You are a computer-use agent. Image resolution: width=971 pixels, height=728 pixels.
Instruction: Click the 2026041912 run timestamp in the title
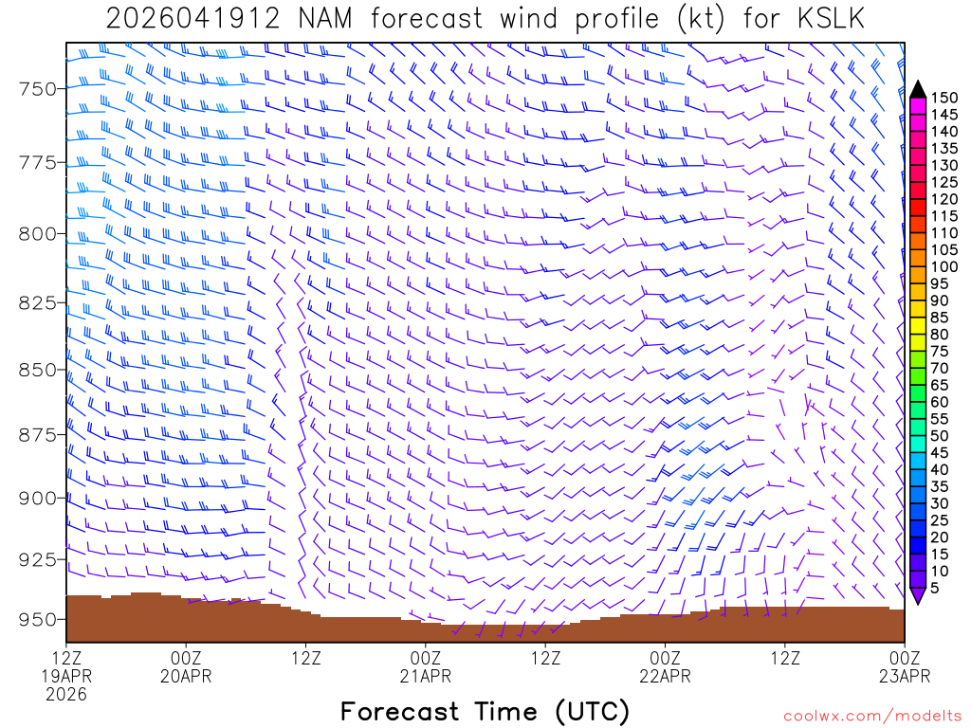pos(192,20)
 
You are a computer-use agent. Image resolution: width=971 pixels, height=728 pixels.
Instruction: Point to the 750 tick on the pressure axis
pos(38,89)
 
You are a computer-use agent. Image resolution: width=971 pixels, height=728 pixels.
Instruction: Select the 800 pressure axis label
pos(38,233)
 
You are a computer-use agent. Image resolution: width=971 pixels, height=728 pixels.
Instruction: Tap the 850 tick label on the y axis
pos(38,369)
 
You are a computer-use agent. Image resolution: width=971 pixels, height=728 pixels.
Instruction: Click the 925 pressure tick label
pos(38,559)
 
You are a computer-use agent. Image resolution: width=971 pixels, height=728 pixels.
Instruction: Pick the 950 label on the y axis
pos(38,620)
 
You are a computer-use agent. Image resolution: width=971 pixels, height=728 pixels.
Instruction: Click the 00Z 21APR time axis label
pos(425,666)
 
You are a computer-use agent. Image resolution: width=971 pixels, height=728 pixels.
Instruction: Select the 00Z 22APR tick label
pos(665,666)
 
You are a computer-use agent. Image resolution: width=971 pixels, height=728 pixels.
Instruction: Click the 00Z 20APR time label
pos(186,666)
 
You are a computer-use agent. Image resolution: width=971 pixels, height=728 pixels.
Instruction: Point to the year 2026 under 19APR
pos(66,695)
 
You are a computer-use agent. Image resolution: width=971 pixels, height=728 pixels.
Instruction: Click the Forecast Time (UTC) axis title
pos(485,711)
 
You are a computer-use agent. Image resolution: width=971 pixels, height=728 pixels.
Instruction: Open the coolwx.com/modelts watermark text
pos(872,714)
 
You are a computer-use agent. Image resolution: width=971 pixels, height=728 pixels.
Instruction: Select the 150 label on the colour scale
pos(944,97)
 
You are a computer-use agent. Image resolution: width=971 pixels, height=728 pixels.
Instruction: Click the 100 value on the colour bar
pos(944,267)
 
